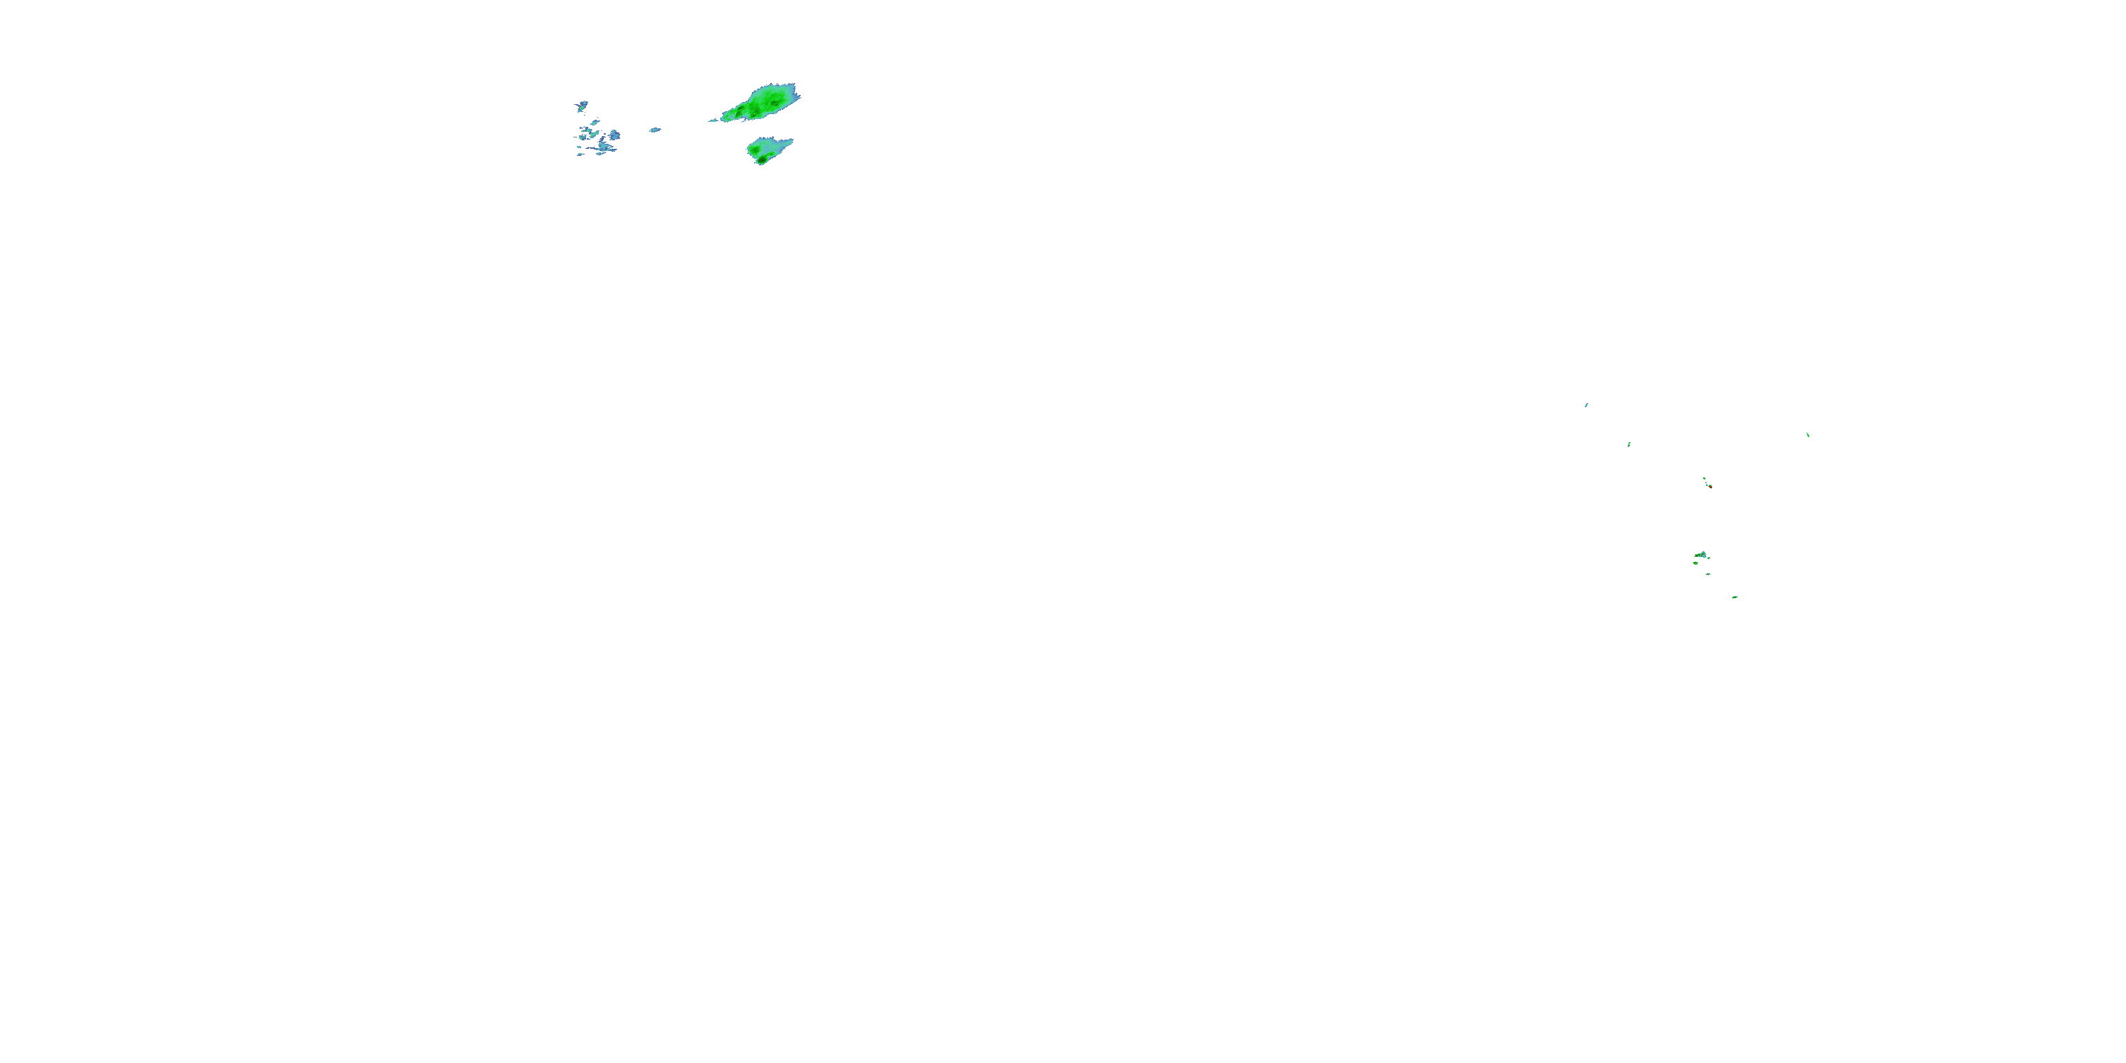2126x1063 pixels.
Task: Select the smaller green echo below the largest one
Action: click(x=767, y=150)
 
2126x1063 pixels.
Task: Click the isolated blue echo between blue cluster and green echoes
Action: click(x=655, y=130)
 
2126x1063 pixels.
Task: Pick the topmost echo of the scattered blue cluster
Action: click(x=582, y=106)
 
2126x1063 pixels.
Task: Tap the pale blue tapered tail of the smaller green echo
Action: click(x=786, y=142)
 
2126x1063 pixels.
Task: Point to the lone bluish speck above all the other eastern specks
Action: click(x=1586, y=405)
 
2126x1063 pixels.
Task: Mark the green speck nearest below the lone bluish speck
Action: click(x=1629, y=445)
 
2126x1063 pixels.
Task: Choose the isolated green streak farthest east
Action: click(x=1807, y=434)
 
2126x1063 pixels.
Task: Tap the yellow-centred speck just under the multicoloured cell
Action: click(x=1695, y=563)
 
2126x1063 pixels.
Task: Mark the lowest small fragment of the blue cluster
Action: click(x=580, y=154)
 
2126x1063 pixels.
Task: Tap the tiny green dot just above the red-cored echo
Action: click(x=1704, y=478)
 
